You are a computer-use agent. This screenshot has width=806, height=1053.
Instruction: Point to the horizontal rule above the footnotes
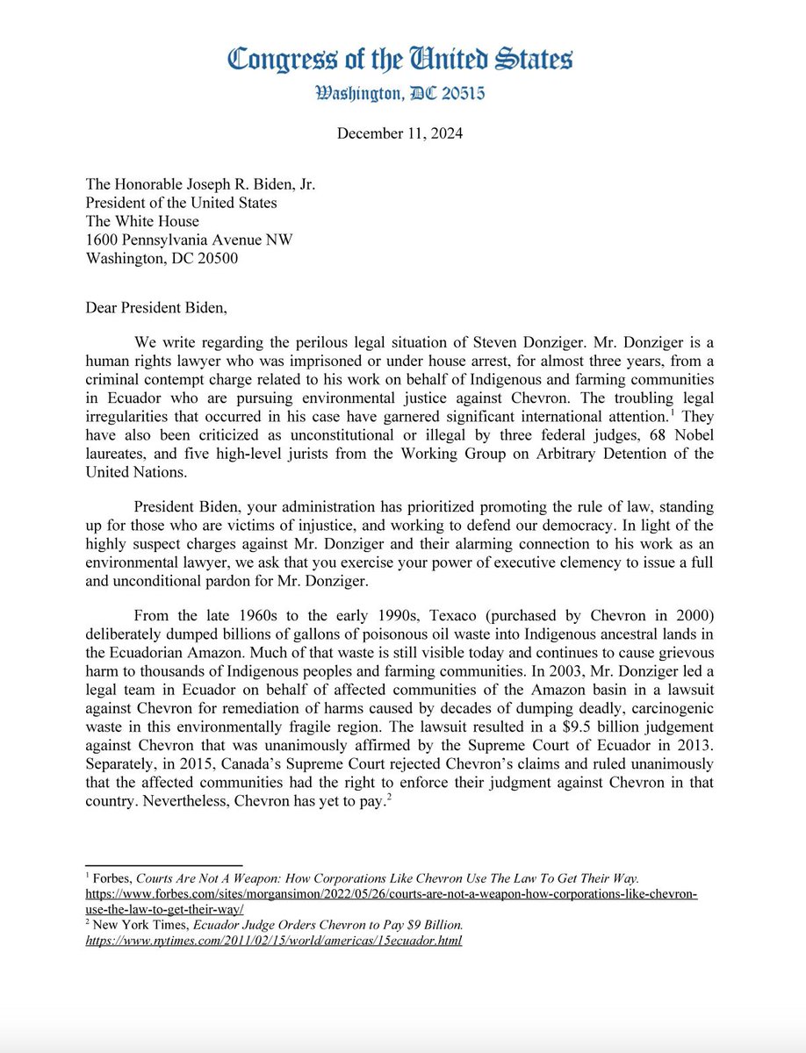163,865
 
